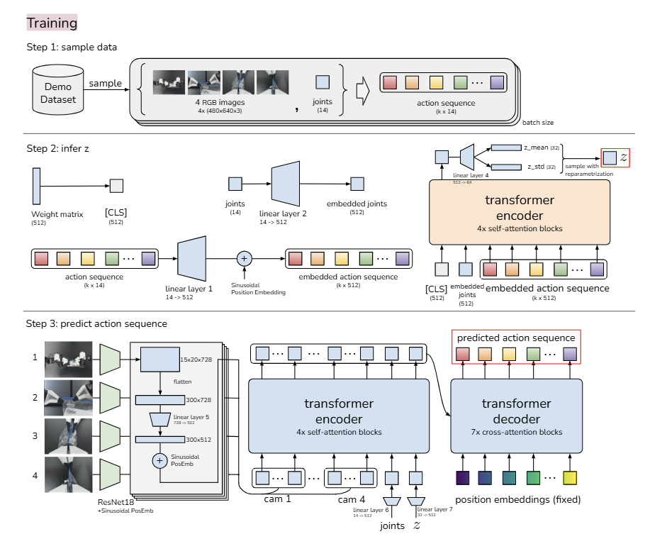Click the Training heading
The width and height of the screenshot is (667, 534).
52,23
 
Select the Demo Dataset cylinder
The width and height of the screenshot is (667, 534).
58,93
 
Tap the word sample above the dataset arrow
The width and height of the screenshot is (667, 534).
104,84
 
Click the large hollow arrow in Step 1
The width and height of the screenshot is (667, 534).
361,91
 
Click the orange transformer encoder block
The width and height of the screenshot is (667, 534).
520,212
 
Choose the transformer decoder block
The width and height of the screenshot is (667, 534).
516,416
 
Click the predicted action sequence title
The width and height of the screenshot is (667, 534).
516,338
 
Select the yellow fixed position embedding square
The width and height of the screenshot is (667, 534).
571,478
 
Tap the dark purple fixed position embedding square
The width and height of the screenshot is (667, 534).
462,478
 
